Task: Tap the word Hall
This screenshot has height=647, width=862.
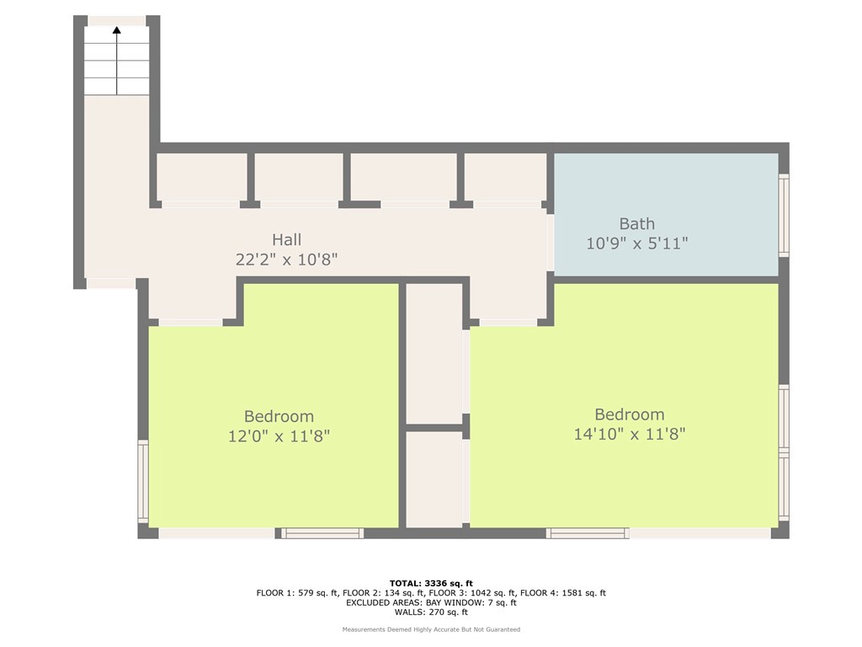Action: (x=286, y=240)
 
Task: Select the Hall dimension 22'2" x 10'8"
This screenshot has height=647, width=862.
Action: (x=286, y=259)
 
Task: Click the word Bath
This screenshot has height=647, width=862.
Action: (x=636, y=223)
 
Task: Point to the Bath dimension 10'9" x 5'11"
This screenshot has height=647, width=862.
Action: (x=636, y=243)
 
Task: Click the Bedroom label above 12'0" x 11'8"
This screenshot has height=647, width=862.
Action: (x=279, y=416)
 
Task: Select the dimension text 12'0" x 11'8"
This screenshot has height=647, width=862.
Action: (x=279, y=436)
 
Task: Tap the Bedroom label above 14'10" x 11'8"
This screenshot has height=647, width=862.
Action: (x=629, y=414)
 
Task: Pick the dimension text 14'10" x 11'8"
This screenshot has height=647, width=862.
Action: (x=629, y=435)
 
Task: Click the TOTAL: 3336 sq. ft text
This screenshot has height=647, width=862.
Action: (x=431, y=583)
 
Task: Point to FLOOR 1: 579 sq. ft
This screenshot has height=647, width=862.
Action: (x=293, y=593)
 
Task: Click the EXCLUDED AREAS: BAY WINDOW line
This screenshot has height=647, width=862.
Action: (x=431, y=602)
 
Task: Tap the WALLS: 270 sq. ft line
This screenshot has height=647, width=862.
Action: (x=431, y=612)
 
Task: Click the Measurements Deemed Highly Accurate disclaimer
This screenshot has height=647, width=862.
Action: (x=431, y=629)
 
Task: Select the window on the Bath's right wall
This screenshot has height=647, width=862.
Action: (x=783, y=215)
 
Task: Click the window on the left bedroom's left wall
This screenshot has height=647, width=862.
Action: (x=143, y=481)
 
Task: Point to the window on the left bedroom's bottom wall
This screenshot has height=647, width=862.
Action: (x=322, y=532)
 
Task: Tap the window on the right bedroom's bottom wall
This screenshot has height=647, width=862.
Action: (x=588, y=532)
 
